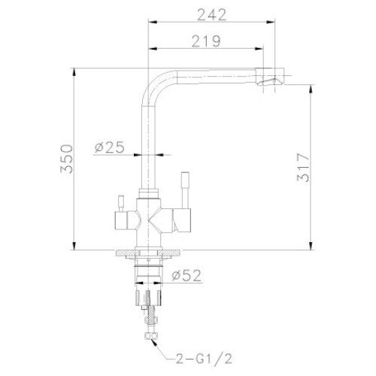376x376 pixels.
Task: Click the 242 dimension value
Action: point(212,15)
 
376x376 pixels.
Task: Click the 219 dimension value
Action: point(206,41)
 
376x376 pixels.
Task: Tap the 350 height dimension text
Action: point(67,159)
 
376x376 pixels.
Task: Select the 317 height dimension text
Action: point(303,168)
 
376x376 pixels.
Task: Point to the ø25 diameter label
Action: point(110,147)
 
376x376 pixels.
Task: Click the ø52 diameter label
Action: point(186,275)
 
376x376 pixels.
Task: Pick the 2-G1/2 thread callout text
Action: point(203,359)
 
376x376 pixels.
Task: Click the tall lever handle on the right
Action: point(185,190)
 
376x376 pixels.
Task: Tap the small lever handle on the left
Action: point(121,203)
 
